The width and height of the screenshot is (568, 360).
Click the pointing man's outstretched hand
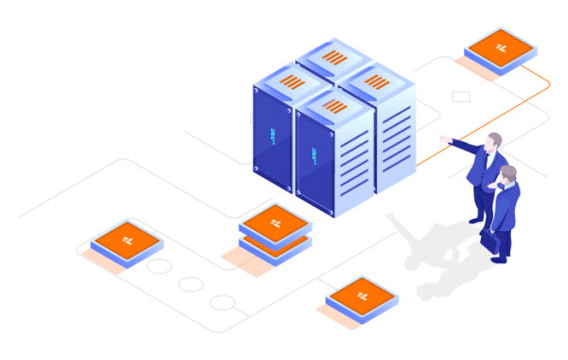point(441,138)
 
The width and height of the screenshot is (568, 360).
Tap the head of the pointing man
point(494,141)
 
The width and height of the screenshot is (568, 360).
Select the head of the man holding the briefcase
point(508,174)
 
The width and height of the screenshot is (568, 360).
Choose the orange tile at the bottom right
point(363,295)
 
